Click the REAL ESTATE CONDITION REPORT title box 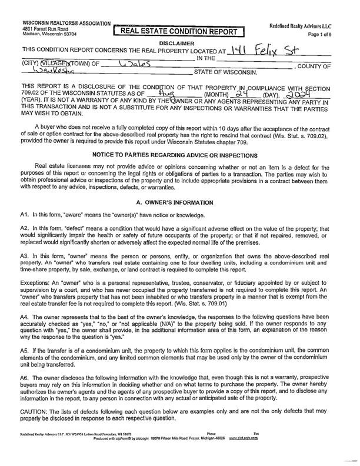coord(181,31)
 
